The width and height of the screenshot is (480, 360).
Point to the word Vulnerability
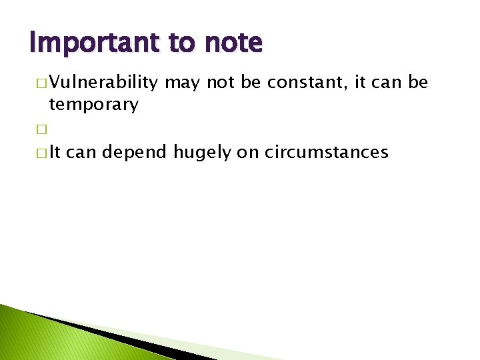pyautogui.click(x=103, y=83)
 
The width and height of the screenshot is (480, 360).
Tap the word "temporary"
pyautogui.click(x=93, y=104)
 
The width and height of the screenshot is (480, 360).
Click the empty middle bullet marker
pyautogui.click(x=42, y=129)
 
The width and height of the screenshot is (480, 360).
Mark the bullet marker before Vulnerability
pyautogui.click(x=42, y=84)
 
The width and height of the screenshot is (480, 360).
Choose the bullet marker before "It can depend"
pyautogui.click(x=42, y=153)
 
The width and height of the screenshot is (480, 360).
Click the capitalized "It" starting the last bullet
pyautogui.click(x=55, y=153)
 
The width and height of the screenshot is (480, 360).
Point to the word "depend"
pyautogui.click(x=136, y=153)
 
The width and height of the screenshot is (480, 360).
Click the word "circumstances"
pyautogui.click(x=327, y=153)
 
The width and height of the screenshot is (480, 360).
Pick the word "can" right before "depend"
pyautogui.click(x=83, y=153)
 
